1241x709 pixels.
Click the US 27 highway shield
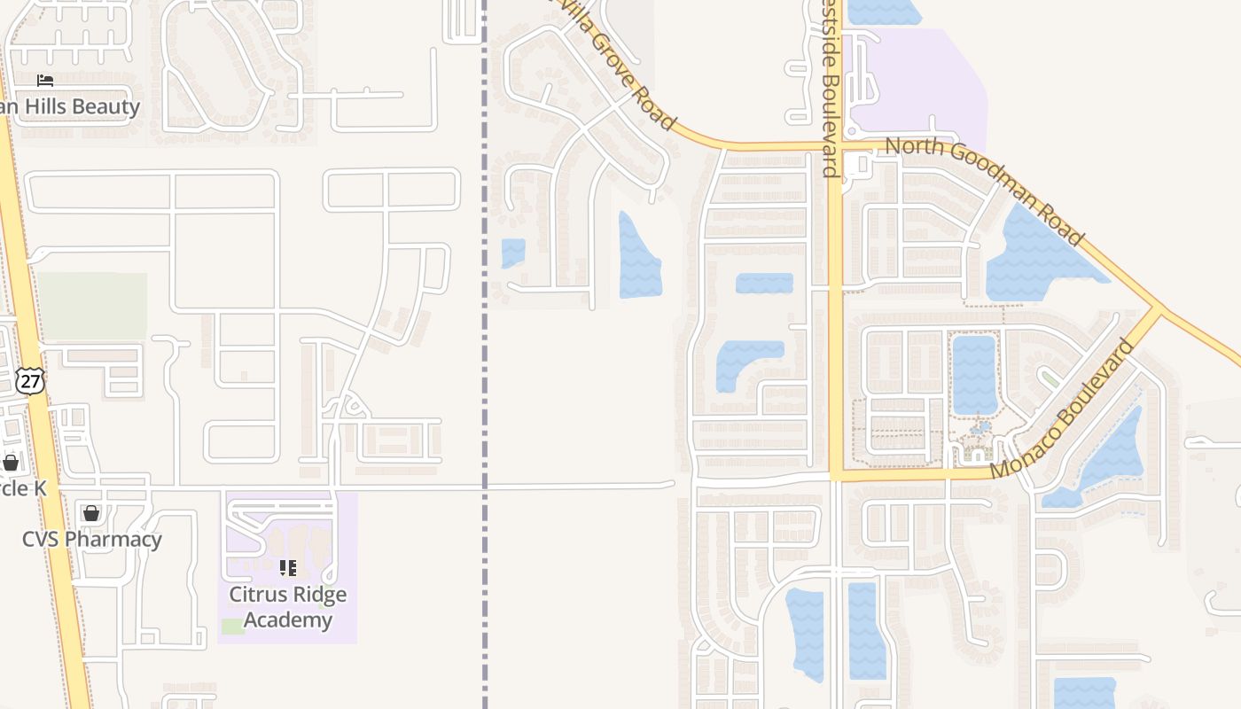(x=29, y=380)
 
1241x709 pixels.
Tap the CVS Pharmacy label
(x=92, y=539)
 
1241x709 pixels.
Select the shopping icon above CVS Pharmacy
(x=90, y=512)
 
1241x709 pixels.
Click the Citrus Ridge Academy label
(x=288, y=607)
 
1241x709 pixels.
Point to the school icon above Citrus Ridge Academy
(x=287, y=567)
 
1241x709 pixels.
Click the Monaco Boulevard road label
(x=1063, y=409)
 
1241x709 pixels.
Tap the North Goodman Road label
(x=984, y=190)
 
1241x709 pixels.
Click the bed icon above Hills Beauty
(x=45, y=81)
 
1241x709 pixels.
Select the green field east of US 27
(x=92, y=306)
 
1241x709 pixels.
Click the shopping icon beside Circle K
(x=11, y=463)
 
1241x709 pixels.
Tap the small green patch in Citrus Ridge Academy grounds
(x=232, y=627)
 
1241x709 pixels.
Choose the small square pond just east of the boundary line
(x=513, y=253)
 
